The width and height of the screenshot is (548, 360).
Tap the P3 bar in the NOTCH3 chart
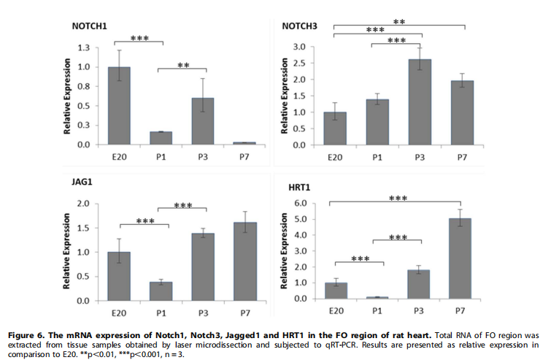420,102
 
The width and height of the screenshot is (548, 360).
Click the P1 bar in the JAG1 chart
161,291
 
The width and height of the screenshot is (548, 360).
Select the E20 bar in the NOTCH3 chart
336,129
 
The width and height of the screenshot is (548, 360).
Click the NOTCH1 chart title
89,26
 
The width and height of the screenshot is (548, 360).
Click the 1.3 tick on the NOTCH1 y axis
85,47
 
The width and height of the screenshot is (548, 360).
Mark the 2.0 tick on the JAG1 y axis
85,204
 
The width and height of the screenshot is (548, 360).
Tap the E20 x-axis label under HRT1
336,310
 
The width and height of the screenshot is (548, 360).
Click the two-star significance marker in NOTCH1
183,65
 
